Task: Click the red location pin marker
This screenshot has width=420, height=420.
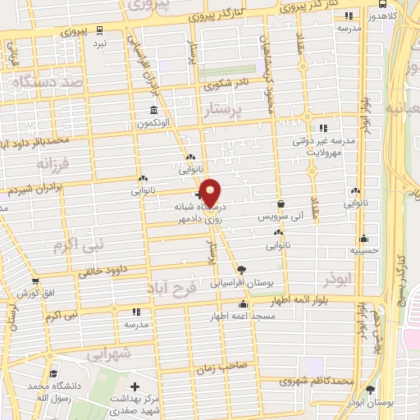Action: pyautogui.click(x=211, y=193)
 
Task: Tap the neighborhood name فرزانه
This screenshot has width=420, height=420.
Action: pyautogui.click(x=57, y=162)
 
